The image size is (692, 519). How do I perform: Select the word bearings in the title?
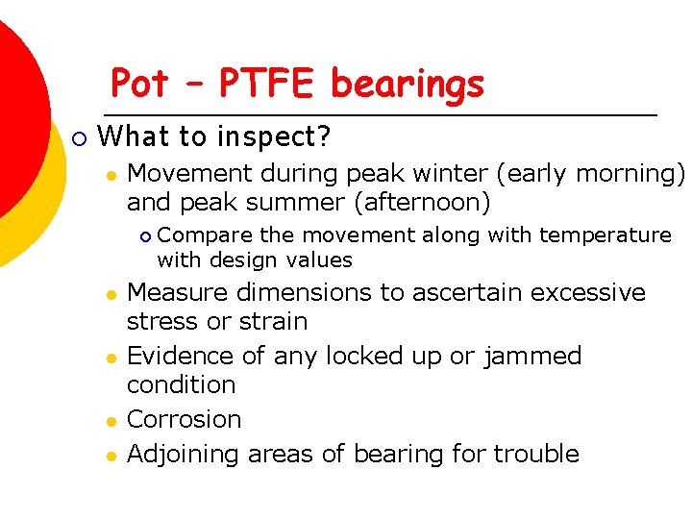408,85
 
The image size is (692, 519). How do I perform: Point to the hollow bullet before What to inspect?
80,139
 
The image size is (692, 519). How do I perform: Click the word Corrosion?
184,419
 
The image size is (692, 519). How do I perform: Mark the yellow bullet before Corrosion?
111,421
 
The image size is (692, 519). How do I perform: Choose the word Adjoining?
184,454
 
